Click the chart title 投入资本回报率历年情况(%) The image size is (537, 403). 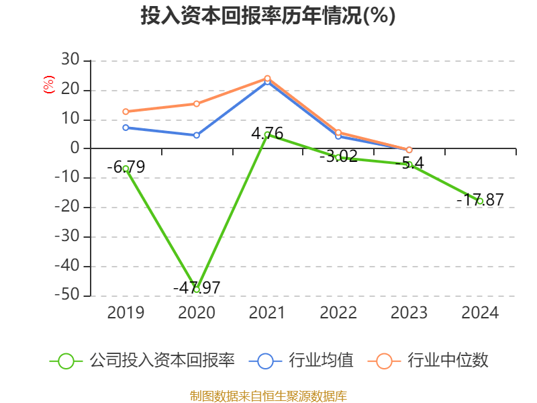(268, 16)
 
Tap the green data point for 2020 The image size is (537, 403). (197, 289)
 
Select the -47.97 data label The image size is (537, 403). (197, 287)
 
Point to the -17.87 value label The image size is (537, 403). (480, 199)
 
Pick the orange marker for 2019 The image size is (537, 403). (126, 111)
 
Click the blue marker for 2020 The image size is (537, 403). (197, 135)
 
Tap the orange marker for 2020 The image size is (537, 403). (197, 103)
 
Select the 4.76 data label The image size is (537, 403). (267, 133)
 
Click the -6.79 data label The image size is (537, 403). (126, 167)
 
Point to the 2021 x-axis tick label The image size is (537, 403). (267, 313)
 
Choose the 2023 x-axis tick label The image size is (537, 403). (409, 313)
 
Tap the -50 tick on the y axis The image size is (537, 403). (70, 296)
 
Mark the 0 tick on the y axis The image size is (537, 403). (77, 148)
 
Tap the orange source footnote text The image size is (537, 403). (268, 396)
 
